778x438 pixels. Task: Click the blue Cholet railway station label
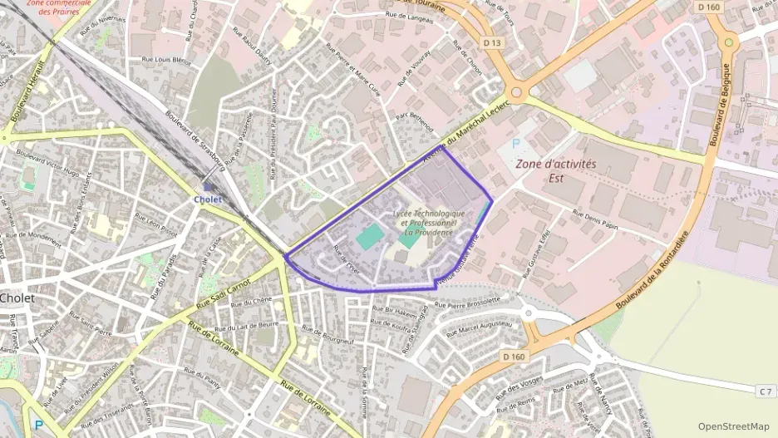tap(207, 199)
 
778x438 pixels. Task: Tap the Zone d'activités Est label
tap(556, 170)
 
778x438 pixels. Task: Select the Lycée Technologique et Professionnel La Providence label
tap(428, 223)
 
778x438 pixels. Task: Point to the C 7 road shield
tap(766, 391)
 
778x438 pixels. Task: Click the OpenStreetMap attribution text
tap(733, 426)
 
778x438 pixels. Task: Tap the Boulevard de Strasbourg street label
tap(195, 140)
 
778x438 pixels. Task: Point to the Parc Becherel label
tap(414, 122)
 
